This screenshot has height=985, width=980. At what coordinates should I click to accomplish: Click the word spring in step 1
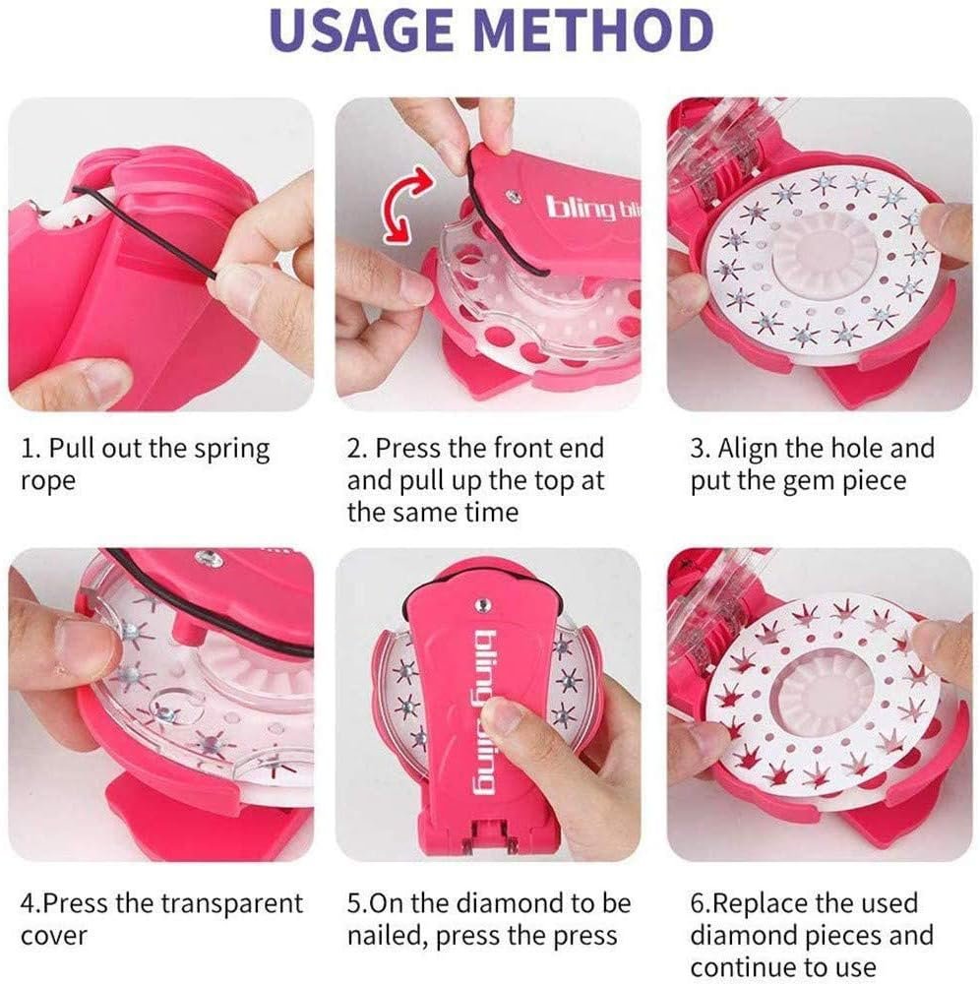coord(231,450)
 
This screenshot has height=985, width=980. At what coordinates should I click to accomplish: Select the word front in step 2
coord(530,449)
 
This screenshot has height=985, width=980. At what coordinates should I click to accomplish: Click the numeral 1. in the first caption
coord(31,449)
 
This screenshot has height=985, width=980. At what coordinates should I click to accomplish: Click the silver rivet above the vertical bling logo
coord(482,604)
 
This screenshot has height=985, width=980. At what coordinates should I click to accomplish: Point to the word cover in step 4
coord(53,937)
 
